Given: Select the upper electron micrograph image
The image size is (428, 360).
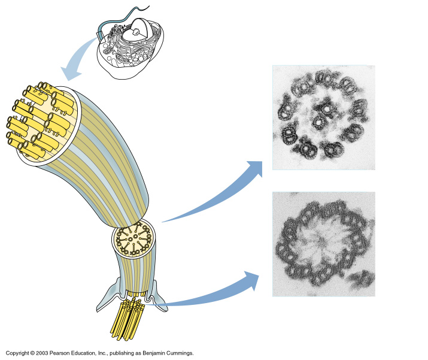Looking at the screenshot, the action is pyautogui.click(x=323, y=117).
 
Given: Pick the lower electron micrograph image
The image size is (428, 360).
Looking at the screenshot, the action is pyautogui.click(x=323, y=244).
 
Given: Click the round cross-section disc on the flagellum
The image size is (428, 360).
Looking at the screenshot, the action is pyautogui.click(x=135, y=242).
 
